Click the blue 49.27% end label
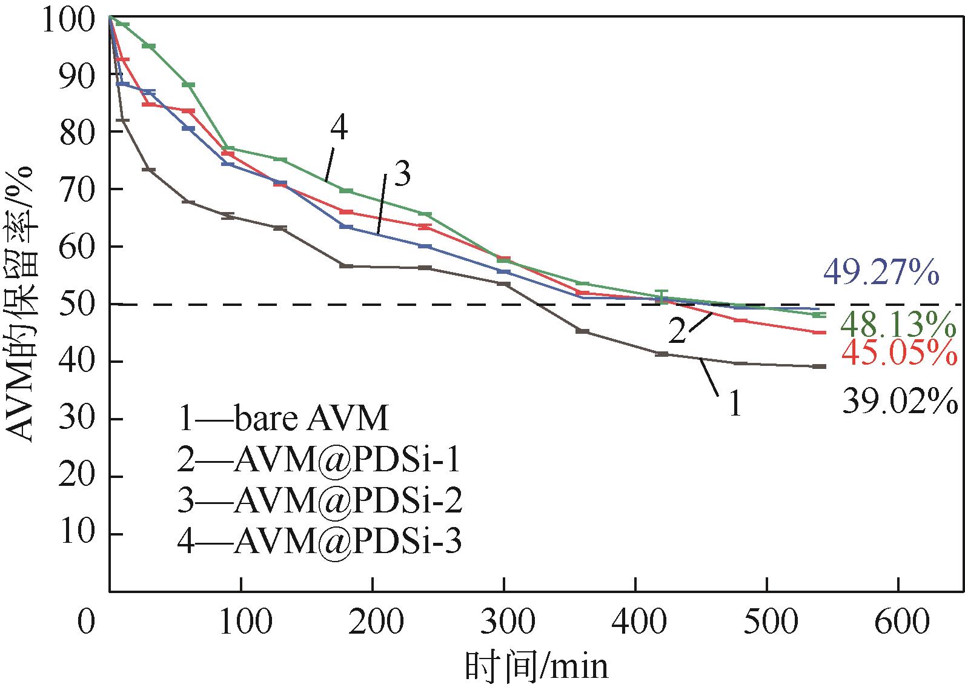(881, 273)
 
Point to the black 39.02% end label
(899, 400)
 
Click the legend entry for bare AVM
(284, 419)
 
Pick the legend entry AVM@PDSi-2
(320, 501)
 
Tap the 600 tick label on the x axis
(898, 622)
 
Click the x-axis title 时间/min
(537, 667)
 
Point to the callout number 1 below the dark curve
(735, 403)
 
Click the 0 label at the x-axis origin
(87, 622)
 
